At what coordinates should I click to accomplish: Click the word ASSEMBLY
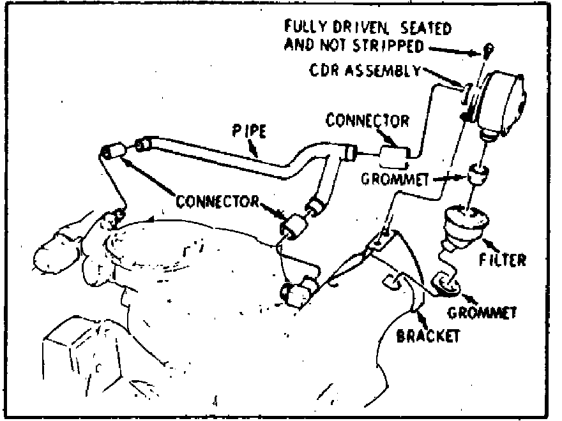pos(390,71)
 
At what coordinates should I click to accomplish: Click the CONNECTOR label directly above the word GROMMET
pos(367,120)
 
